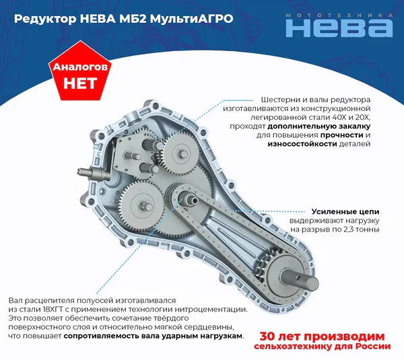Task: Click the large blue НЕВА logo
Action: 339,28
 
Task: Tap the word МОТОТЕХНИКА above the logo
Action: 339,15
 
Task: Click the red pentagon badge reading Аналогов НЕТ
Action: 80,72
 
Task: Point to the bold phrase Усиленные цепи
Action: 345,212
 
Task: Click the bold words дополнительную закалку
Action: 319,127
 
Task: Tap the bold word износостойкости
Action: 302,144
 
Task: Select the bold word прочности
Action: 341,135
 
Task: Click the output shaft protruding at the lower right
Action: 302,279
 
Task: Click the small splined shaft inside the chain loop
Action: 189,199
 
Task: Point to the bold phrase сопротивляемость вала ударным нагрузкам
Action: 153,336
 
